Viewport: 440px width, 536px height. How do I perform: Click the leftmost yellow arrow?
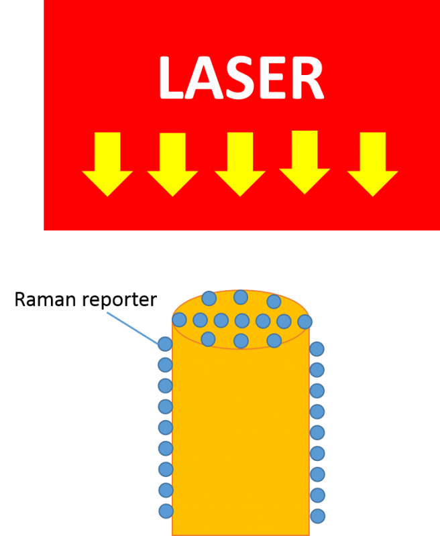[107, 163]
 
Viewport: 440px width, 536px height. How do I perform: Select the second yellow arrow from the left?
[172, 163]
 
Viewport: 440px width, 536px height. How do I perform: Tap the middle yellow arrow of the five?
[240, 163]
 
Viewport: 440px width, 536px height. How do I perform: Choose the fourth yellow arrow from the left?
[305, 162]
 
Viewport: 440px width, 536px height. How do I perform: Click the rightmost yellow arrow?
[372, 163]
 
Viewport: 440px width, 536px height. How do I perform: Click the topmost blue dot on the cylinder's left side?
[165, 344]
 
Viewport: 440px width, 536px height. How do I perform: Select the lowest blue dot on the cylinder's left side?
[166, 511]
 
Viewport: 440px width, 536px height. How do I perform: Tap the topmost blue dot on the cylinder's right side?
[317, 348]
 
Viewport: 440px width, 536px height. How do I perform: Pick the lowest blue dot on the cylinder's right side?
[317, 516]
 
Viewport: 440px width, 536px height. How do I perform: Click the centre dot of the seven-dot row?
[242, 321]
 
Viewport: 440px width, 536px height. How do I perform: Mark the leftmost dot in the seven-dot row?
[179, 320]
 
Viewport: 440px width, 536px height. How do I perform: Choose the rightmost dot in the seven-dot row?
[305, 322]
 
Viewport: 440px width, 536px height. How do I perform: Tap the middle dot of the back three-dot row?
[241, 297]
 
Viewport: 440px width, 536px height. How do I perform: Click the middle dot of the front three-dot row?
[241, 340]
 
